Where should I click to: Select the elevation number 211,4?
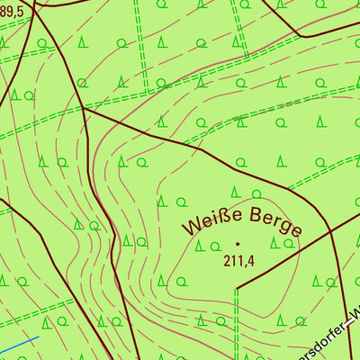[x=238, y=261]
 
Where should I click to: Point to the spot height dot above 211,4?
[x=238, y=244]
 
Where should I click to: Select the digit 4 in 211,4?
[x=251, y=261]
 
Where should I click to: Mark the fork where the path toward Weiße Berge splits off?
[x=83, y=108]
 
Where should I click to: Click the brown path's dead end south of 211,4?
[x=237, y=288]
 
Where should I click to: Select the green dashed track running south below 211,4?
[x=236, y=324]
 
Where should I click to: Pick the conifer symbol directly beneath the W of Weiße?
[x=200, y=245]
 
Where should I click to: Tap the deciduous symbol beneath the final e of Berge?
[x=289, y=243]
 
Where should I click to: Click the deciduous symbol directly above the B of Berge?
[x=256, y=193]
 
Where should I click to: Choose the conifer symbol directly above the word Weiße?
[x=234, y=191]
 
